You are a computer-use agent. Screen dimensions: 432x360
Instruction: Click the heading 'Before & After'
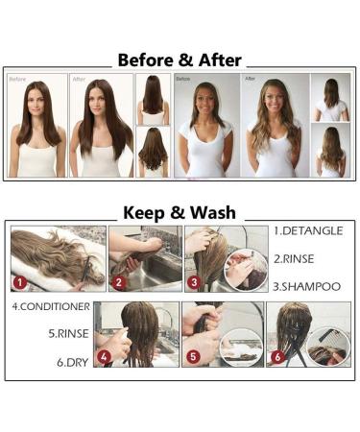pos(180,60)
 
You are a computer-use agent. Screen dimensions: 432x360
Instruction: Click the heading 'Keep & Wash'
pos(180,212)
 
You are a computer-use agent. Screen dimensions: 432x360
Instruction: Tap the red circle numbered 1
pos(18,283)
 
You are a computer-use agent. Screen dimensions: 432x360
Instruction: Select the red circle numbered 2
pos(118,283)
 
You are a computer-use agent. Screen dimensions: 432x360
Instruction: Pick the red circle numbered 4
pos(104,357)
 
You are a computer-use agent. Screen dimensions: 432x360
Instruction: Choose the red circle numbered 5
pos(191,357)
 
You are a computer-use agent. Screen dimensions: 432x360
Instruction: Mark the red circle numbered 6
pos(277,357)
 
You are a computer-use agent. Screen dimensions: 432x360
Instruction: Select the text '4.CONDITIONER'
pos(51,307)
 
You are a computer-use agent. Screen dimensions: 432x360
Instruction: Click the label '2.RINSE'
pos(299,258)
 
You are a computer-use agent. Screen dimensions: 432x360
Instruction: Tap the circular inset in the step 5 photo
pos(241,347)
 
